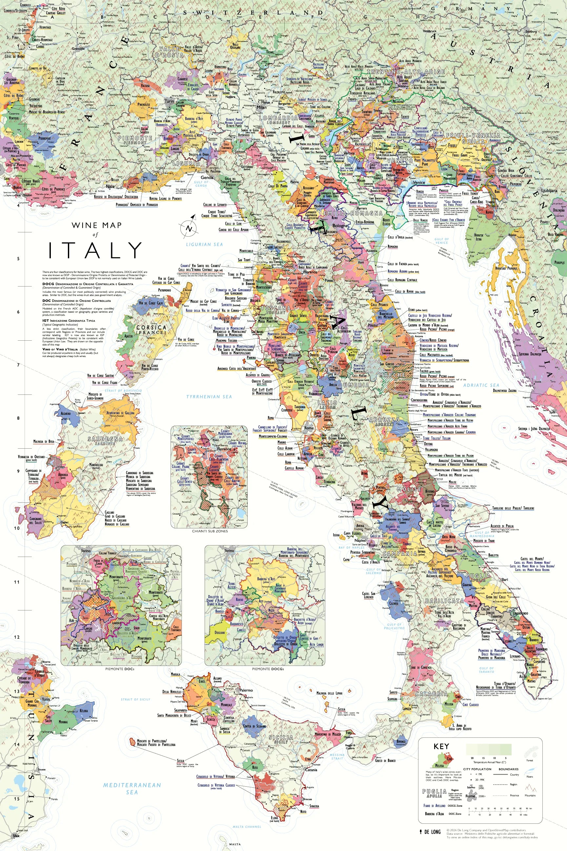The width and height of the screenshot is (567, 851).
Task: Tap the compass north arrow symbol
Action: [x=188, y=229]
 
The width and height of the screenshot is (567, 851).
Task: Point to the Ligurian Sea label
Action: [x=204, y=244]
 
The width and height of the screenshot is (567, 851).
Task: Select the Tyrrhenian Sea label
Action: [x=209, y=396]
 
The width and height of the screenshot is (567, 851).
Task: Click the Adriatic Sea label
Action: [x=481, y=385]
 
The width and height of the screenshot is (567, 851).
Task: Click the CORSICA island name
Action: [x=151, y=328]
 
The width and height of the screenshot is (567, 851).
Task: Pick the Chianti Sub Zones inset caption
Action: [x=209, y=531]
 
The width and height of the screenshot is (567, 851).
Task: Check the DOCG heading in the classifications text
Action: [x=48, y=284]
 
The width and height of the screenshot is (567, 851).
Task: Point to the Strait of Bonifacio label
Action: [x=123, y=391]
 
